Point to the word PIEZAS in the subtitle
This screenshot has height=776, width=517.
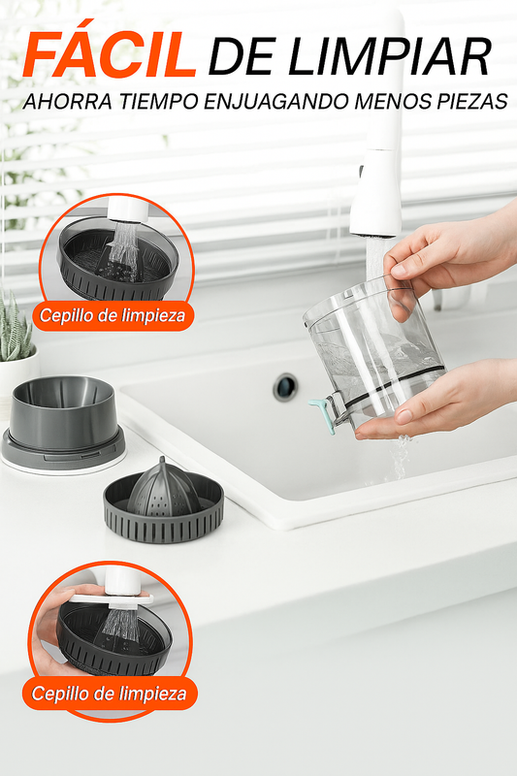pos(472,102)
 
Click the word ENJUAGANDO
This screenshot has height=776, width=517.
pos(276,102)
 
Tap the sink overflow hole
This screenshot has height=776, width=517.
pos(285,386)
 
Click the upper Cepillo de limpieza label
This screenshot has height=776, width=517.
pos(113,316)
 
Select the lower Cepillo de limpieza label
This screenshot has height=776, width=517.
pos(110,694)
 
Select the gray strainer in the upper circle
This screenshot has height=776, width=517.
pos(117,260)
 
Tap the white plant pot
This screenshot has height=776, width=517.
pos(17,377)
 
